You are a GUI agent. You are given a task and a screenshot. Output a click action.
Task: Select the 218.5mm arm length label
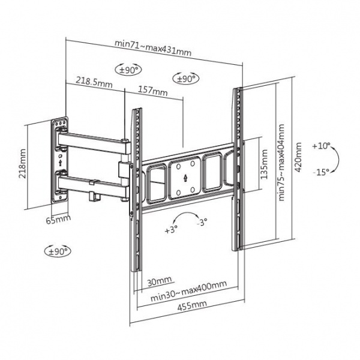(x=94, y=82)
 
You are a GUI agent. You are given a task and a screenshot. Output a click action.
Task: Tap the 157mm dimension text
(x=153, y=92)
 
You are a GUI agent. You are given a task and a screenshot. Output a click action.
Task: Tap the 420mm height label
(x=298, y=158)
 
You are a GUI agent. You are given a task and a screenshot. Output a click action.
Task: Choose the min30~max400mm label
(x=188, y=294)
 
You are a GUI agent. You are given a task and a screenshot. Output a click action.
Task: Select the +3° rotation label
(x=170, y=229)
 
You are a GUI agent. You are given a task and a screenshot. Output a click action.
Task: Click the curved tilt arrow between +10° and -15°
(x=337, y=159)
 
